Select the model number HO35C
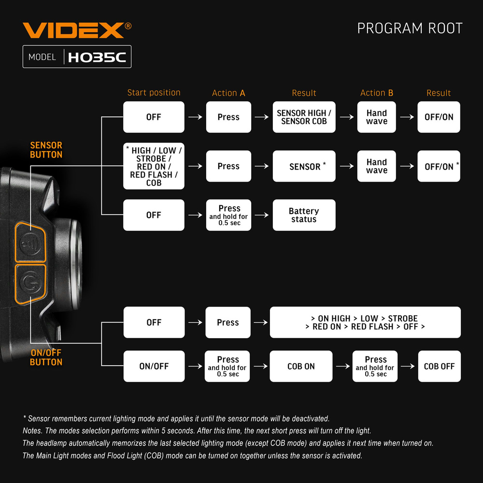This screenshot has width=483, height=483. point(97,57)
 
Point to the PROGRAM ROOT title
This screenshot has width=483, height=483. point(410,28)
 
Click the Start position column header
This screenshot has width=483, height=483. point(154,93)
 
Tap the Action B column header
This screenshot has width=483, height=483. point(377,93)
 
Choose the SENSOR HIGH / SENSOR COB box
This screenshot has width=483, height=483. point(304,117)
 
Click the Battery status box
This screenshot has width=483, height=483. point(304,215)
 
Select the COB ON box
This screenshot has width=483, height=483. point(301,366)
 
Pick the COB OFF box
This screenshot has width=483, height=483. point(439,366)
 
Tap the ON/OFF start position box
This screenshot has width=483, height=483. point(154,366)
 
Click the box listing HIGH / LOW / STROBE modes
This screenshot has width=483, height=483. point(154,166)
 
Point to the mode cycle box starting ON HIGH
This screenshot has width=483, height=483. point(365,322)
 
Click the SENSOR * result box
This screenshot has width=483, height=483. point(304,166)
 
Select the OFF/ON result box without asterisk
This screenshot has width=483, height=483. point(439,117)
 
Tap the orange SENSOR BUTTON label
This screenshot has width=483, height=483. point(46,150)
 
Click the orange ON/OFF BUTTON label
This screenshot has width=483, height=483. point(46,357)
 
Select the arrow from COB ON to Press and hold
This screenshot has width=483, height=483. point(343,366)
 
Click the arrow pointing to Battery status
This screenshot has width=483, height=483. point(261,215)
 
